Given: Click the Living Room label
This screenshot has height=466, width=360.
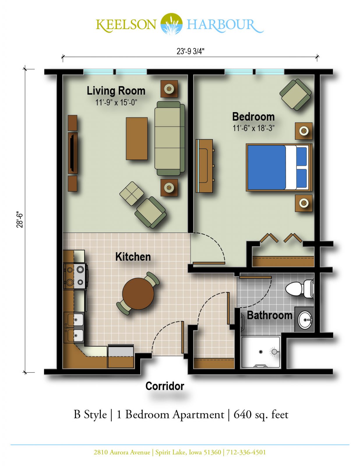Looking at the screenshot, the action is pyautogui.click(x=116, y=91).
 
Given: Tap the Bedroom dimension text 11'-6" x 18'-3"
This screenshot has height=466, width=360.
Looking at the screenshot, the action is pyautogui.click(x=254, y=128).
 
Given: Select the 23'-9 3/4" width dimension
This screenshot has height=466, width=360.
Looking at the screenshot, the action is pyautogui.click(x=190, y=52).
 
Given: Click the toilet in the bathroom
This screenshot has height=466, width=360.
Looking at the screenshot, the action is pyautogui.click(x=299, y=289).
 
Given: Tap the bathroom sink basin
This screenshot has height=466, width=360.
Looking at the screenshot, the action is pyautogui.click(x=305, y=320).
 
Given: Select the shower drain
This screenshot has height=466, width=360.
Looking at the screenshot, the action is pyautogui.click(x=261, y=352).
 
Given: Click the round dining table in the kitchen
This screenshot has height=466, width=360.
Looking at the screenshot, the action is pyautogui.click(x=138, y=294).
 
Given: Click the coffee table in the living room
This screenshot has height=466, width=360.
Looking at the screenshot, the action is pyautogui.click(x=137, y=139).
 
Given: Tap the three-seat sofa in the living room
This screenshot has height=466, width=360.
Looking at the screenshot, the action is pyautogui.click(x=170, y=138).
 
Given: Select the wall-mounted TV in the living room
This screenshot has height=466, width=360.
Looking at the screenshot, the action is pyautogui.click(x=73, y=153).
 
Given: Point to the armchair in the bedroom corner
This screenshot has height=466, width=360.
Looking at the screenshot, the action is pyautogui.click(x=295, y=95).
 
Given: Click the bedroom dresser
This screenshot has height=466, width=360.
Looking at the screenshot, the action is pyautogui.click(x=204, y=166).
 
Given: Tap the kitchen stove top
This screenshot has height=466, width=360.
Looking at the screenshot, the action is pyautogui.click(x=75, y=276).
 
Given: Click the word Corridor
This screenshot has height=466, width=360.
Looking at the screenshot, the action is pyautogui.click(x=165, y=386).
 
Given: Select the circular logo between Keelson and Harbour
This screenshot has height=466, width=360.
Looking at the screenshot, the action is pyautogui.click(x=172, y=24).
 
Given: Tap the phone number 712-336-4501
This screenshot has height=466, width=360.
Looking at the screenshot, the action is pyautogui.click(x=246, y=452).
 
